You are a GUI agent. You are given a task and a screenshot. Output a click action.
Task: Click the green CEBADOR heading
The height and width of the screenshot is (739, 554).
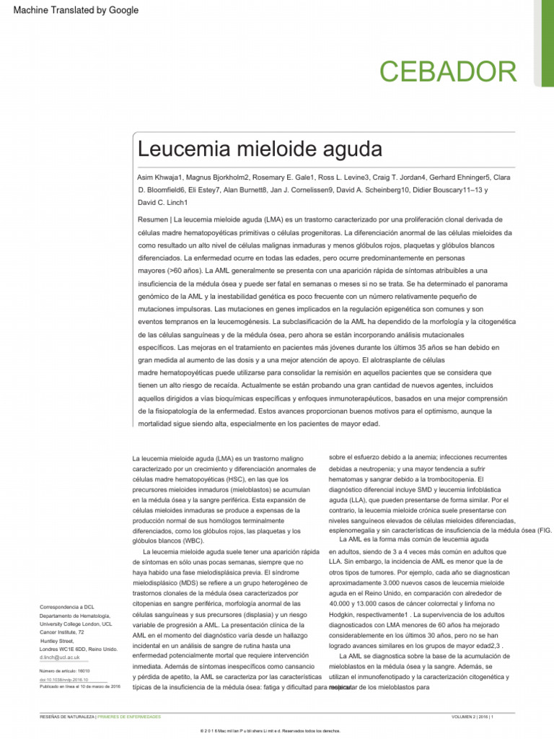pos(448,72)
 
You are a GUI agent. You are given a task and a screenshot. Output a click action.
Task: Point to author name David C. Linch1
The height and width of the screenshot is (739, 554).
pos(163,203)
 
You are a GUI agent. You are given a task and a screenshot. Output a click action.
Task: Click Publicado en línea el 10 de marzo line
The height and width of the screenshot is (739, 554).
pos(79,687)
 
